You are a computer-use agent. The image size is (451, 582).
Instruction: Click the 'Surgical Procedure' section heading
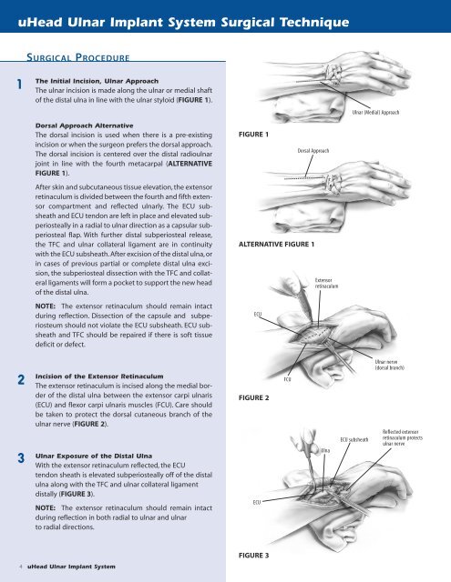[x=78, y=57]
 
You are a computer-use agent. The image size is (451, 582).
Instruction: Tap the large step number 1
[x=20, y=85]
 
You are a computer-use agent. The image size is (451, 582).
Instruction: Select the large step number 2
[x=21, y=380]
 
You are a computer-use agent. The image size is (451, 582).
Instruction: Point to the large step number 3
[x=21, y=458]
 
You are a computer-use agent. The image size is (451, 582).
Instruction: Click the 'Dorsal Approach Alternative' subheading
[x=84, y=125]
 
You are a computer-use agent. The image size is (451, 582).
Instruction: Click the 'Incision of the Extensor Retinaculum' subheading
[x=99, y=376]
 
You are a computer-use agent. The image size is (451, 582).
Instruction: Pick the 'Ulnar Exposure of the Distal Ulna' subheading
[x=94, y=456]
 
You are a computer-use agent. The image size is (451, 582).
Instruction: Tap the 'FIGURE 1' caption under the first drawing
[x=253, y=135]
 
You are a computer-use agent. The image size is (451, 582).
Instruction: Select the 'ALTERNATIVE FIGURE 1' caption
[x=276, y=245]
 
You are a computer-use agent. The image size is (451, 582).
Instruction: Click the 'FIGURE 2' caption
[x=253, y=398]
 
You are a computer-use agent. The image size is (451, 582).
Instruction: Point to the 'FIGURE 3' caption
[x=253, y=556]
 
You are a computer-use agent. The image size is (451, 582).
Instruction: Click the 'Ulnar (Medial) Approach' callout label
[x=375, y=112]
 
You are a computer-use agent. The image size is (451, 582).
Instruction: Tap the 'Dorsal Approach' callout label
[x=313, y=151]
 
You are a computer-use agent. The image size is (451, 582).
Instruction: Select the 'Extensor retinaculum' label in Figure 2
[x=326, y=283]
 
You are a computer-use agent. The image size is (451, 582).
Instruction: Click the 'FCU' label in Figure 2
[x=287, y=379]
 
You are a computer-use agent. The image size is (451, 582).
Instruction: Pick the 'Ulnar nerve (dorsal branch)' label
[x=389, y=365]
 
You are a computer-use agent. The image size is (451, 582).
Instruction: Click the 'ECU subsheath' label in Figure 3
[x=354, y=439]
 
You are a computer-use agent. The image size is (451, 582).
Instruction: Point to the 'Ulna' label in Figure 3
[x=325, y=450]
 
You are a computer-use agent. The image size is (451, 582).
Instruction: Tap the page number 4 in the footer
[x=21, y=567]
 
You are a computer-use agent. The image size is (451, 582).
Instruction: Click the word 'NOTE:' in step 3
[x=45, y=507]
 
